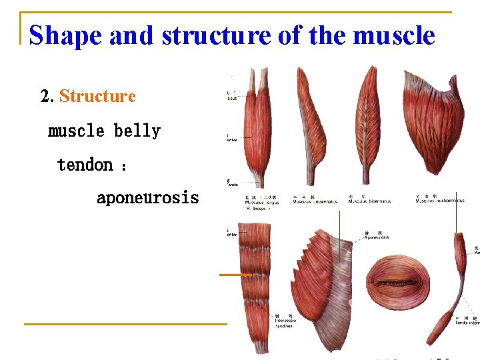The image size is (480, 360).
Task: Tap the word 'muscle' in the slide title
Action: tap(393, 35)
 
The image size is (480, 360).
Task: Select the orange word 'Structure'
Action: tap(97, 97)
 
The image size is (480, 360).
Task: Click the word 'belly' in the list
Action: tap(137, 131)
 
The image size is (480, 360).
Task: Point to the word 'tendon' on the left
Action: tap(85, 164)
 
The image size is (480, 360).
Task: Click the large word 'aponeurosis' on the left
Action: tap(147, 198)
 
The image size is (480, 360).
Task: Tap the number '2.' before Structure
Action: tap(47, 97)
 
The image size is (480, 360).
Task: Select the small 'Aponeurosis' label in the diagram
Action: tap(377, 237)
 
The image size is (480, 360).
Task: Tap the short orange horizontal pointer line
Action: tap(235, 274)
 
